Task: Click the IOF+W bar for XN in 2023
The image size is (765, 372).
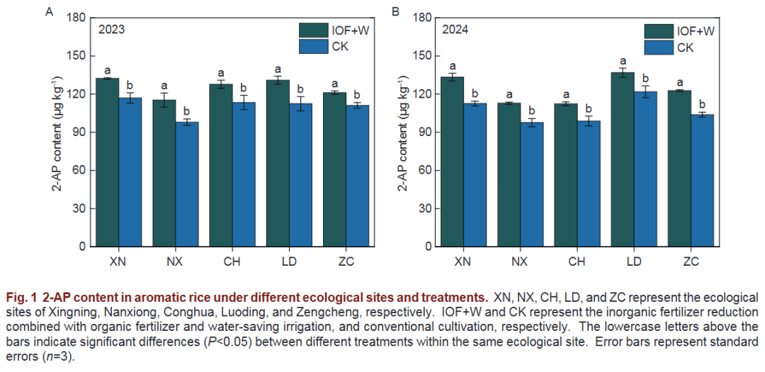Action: [108, 163]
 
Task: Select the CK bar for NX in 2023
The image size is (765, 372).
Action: [187, 184]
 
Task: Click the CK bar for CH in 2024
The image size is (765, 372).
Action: [588, 184]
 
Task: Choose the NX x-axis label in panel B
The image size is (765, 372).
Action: [520, 261]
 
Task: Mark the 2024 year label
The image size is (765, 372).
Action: [455, 30]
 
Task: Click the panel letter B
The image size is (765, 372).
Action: [395, 12]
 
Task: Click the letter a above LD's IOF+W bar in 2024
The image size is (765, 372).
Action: [623, 61]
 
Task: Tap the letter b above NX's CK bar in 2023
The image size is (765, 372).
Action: [187, 111]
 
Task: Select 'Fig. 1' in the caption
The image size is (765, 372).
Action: [21, 295]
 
